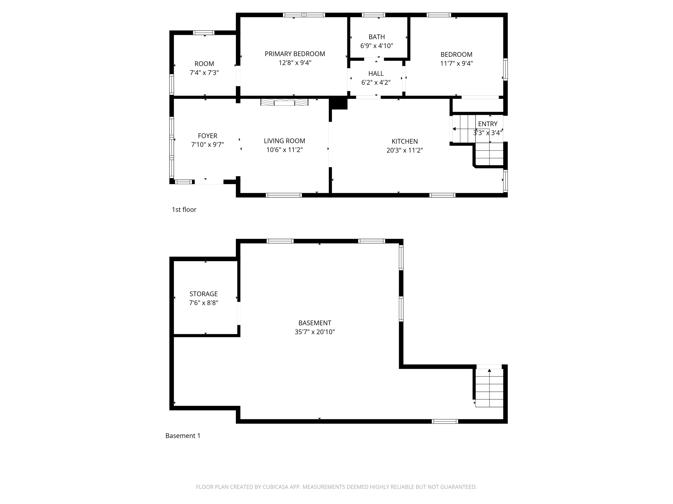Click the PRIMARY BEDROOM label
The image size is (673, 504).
(295, 54)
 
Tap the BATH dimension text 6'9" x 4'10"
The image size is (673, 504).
(377, 46)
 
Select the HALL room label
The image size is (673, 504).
(376, 73)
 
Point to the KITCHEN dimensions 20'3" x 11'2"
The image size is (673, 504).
(405, 150)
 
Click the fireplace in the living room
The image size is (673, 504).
(284, 102)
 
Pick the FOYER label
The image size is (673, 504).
(207, 136)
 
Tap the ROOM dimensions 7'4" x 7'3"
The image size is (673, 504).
(204, 73)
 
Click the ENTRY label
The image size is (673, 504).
(488, 124)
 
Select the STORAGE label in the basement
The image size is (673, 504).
(203, 294)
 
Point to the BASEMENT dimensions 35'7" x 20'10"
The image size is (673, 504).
(314, 332)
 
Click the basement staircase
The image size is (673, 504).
(489, 388)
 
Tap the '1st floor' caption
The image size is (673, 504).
(184, 210)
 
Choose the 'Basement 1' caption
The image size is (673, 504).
(183, 436)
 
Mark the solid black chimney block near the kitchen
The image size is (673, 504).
(338, 103)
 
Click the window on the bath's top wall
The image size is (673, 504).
(373, 15)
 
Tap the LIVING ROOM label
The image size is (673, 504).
(284, 141)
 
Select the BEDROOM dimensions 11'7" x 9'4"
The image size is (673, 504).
(456, 64)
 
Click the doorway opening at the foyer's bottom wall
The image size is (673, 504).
(209, 182)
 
